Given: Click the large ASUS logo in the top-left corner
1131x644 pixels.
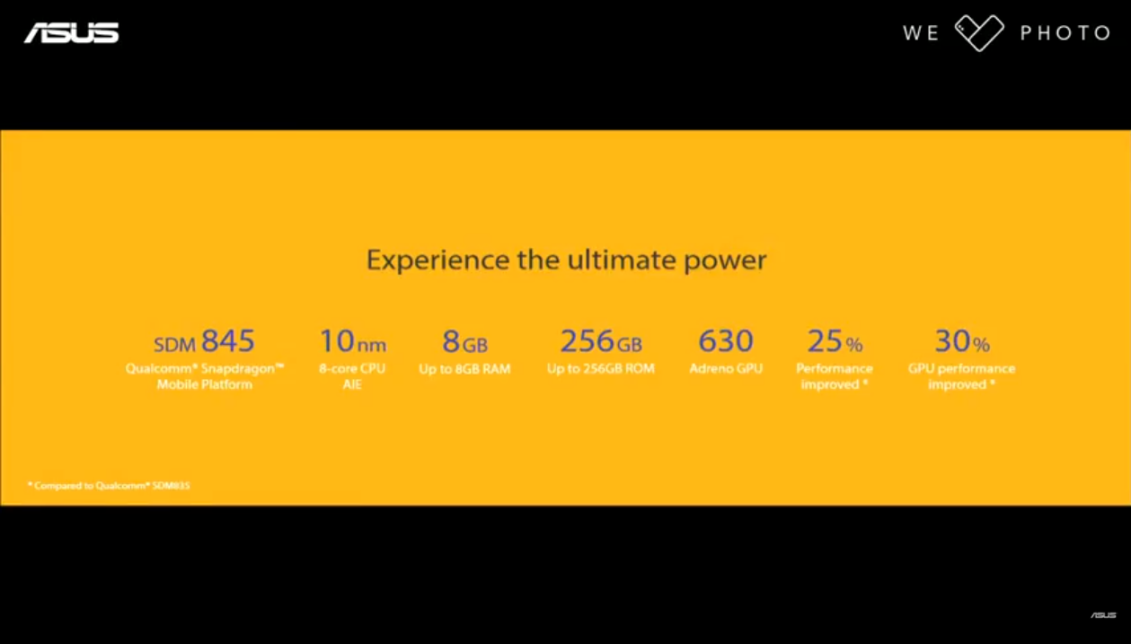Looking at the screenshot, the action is pyautogui.click(x=71, y=33).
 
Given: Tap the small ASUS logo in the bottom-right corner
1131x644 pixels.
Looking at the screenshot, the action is pyautogui.click(x=1103, y=615).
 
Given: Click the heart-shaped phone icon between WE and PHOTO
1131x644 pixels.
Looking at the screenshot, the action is pyautogui.click(x=979, y=33).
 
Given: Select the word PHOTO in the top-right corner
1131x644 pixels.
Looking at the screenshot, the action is pyautogui.click(x=1065, y=33).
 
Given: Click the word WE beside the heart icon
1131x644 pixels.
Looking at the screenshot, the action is pyautogui.click(x=921, y=33).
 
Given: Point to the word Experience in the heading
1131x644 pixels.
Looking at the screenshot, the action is pyautogui.click(x=438, y=260).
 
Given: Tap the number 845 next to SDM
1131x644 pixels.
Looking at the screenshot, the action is pyautogui.click(x=228, y=340).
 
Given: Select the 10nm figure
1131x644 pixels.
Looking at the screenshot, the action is pyautogui.click(x=353, y=341).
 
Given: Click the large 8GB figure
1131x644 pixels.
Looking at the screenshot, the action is pyautogui.click(x=465, y=341).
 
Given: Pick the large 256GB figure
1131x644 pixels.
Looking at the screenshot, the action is pyautogui.click(x=601, y=341).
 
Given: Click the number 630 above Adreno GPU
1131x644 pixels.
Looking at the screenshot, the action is pyautogui.click(x=726, y=340).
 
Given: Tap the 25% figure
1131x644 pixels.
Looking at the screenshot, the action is pyautogui.click(x=835, y=341).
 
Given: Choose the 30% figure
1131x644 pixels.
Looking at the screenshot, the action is pyautogui.click(x=962, y=341).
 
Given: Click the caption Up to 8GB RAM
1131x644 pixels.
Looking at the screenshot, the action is pyautogui.click(x=464, y=369).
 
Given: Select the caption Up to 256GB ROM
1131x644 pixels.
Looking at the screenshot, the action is pyautogui.click(x=601, y=369).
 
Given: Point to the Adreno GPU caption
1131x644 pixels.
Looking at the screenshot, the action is pyautogui.click(x=726, y=369).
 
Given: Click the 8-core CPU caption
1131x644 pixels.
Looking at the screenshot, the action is pyautogui.click(x=352, y=368).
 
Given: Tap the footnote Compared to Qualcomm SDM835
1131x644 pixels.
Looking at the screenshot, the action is pyautogui.click(x=109, y=486).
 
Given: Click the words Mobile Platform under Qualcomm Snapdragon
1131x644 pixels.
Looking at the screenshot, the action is pyautogui.click(x=205, y=384).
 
